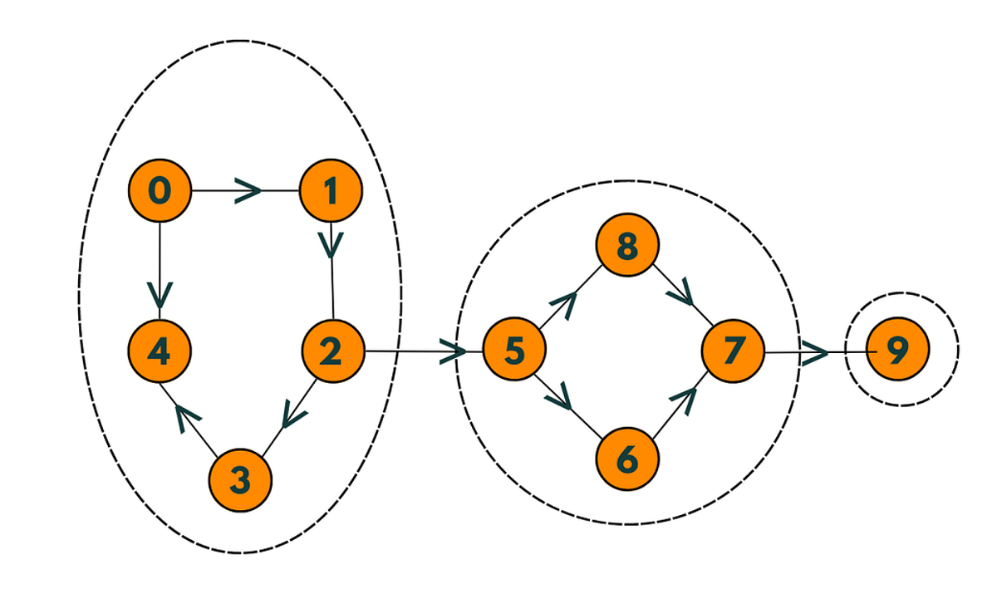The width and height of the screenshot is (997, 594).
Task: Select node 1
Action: [332, 191]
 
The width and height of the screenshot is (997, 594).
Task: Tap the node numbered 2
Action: [332, 351]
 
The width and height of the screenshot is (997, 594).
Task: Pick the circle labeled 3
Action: [239, 479]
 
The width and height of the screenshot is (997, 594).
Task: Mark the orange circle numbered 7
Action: [732, 351]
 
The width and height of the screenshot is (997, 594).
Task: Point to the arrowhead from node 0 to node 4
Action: [160, 294]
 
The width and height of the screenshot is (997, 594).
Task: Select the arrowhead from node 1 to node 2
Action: [332, 243]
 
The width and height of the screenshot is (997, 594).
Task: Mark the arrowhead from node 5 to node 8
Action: [564, 305]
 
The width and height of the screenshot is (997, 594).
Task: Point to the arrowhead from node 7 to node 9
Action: [816, 352]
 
